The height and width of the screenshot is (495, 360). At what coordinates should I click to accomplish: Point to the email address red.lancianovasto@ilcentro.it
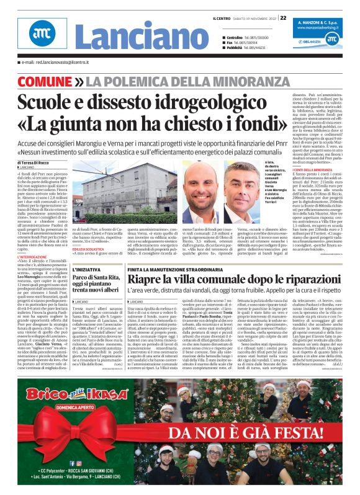pos(57,63)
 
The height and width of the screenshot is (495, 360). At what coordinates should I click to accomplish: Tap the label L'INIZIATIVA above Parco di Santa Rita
pos(86,270)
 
